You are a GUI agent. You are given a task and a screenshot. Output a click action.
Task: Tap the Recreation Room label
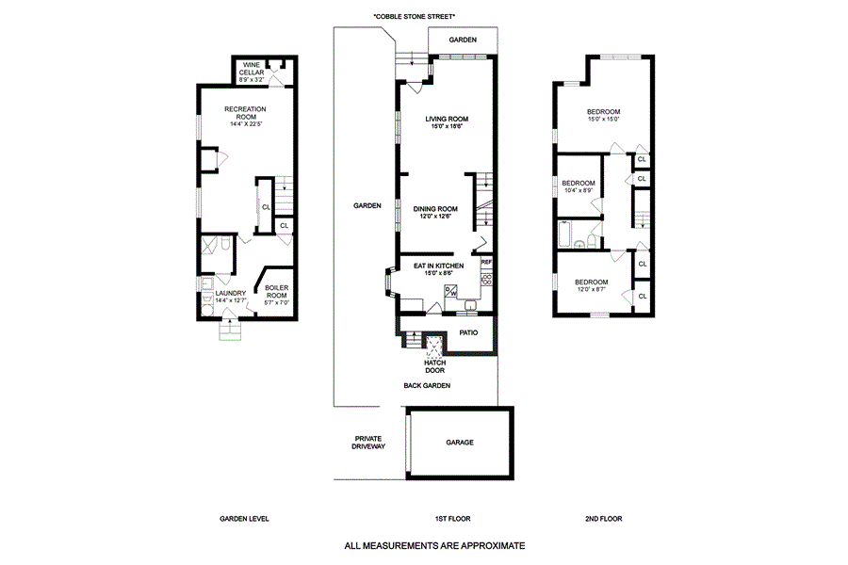click(x=245, y=115)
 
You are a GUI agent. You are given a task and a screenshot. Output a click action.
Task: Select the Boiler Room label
click(x=276, y=291)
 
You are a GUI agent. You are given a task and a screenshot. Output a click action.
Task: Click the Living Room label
click(x=447, y=122)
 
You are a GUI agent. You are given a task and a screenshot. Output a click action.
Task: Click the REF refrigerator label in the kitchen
click(x=486, y=262)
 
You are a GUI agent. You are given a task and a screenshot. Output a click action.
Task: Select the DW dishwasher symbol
click(x=451, y=292)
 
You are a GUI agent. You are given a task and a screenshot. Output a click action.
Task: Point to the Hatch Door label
click(x=434, y=366)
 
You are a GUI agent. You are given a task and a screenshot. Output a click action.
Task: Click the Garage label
click(x=459, y=443)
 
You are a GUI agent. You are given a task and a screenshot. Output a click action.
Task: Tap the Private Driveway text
click(x=369, y=443)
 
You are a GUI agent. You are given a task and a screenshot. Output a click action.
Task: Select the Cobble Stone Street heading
click(x=414, y=17)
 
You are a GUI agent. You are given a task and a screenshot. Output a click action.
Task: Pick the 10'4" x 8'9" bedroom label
click(x=578, y=186)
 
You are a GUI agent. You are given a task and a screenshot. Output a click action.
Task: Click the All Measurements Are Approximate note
click(x=433, y=545)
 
